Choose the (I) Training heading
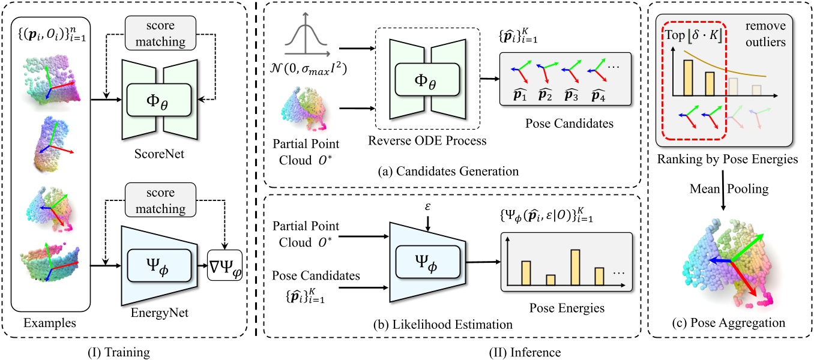click(127, 348)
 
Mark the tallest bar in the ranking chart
click(689, 77)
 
